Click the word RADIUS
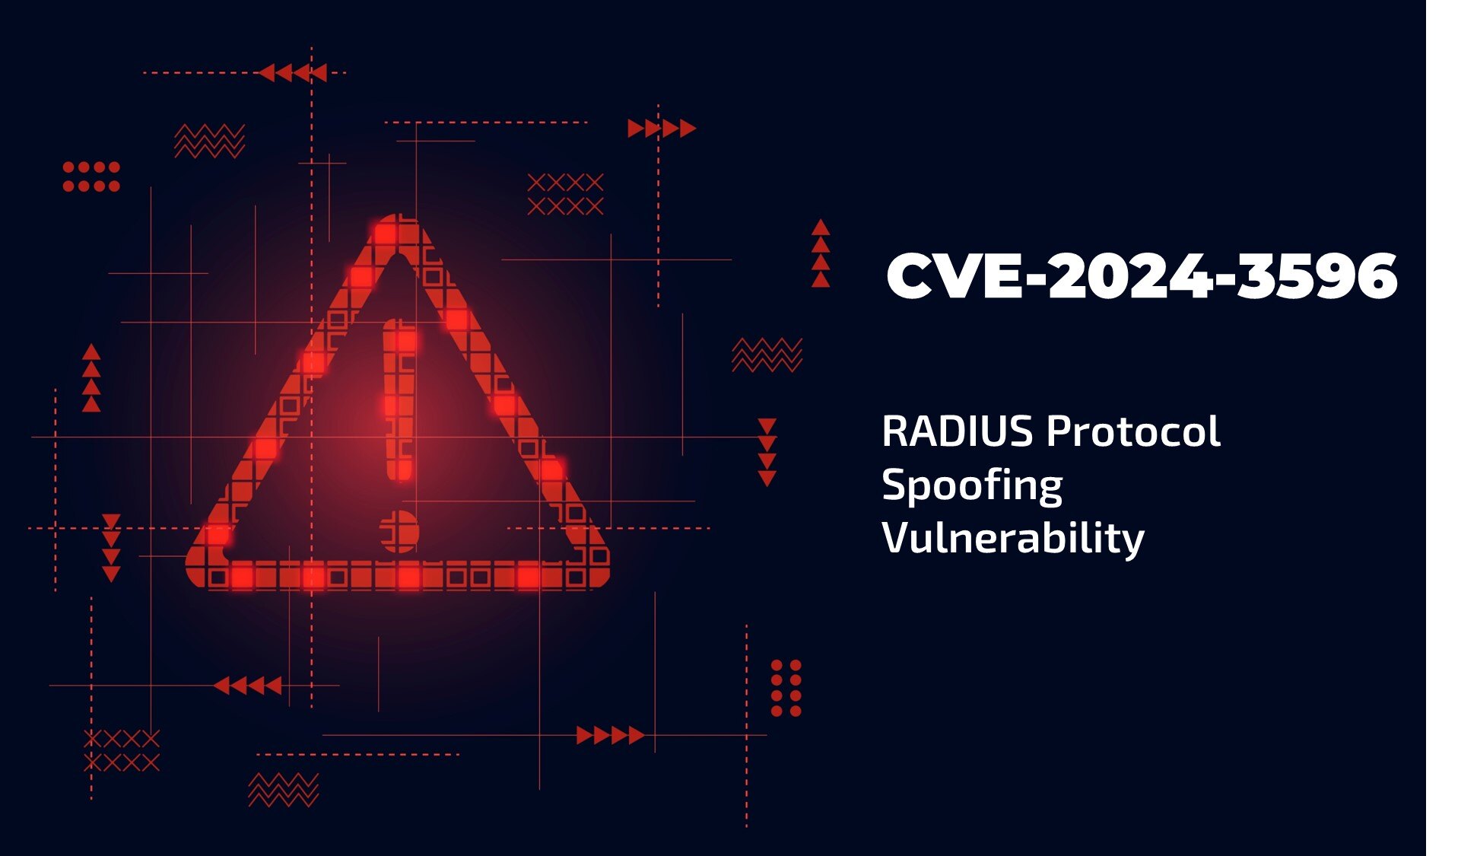[957, 431]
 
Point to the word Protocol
[1133, 431]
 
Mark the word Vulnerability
[1012, 539]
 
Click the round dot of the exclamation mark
[399, 531]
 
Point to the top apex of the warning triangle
[397, 225]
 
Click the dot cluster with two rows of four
[91, 177]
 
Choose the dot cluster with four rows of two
[786, 688]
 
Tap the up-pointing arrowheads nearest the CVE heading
[820, 253]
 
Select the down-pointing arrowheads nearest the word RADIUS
[767, 452]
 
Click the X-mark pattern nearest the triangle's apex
[565, 194]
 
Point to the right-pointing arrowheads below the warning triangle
[610, 735]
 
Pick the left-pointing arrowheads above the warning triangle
[293, 73]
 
